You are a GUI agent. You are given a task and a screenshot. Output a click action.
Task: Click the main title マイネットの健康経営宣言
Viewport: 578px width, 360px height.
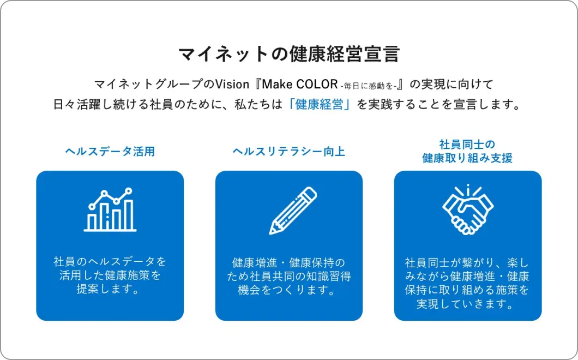click(x=289, y=54)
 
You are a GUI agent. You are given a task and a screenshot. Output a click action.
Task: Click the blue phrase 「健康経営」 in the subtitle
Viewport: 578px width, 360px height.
click(x=319, y=104)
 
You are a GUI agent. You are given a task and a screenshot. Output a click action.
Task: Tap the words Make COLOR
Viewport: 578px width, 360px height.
click(x=300, y=84)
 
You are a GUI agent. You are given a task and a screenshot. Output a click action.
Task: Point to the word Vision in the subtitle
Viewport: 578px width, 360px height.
click(x=232, y=84)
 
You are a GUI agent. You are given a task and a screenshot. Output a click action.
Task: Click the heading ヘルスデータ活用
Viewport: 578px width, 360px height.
click(x=110, y=151)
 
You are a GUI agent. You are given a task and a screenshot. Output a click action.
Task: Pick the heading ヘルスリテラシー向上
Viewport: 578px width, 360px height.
click(x=288, y=151)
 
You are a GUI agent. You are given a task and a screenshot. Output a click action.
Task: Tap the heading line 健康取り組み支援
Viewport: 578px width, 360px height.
click(x=467, y=158)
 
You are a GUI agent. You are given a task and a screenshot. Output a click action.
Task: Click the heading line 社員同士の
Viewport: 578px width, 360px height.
click(x=467, y=144)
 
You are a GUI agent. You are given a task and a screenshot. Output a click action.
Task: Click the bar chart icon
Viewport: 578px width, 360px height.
click(x=110, y=209)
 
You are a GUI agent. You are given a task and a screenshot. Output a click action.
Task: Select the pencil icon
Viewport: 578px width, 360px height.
click(x=293, y=211)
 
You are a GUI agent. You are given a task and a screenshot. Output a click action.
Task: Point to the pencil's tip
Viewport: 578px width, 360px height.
click(x=271, y=232)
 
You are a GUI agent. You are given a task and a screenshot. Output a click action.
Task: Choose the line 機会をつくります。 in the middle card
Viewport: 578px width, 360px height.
click(x=286, y=290)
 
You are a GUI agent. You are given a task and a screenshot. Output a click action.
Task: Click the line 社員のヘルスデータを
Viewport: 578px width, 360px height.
click(x=110, y=261)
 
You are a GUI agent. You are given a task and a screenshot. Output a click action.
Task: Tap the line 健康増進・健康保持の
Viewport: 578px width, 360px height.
click(x=288, y=262)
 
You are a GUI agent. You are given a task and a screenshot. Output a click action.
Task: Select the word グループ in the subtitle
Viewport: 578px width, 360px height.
click(x=178, y=84)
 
